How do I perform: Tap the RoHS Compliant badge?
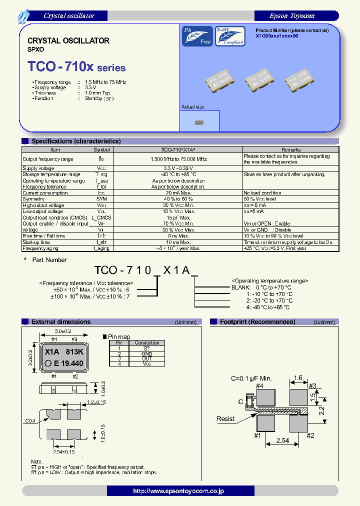[x=230, y=36]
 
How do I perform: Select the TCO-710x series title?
[x=76, y=67]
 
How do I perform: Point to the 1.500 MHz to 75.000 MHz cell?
[x=178, y=159]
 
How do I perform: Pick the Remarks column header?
[x=290, y=149]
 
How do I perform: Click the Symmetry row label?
[x=34, y=199]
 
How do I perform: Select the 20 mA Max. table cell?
[x=178, y=193]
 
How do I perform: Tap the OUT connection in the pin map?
[x=147, y=359]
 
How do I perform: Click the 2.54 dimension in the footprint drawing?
[x=283, y=441]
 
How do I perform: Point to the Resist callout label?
[x=225, y=418]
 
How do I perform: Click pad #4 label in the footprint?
[x=259, y=385]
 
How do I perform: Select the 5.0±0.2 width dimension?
[x=63, y=331]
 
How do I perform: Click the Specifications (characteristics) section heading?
[x=76, y=141]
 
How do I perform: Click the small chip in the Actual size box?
[x=199, y=122]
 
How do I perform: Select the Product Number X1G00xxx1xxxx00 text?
[x=277, y=36]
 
